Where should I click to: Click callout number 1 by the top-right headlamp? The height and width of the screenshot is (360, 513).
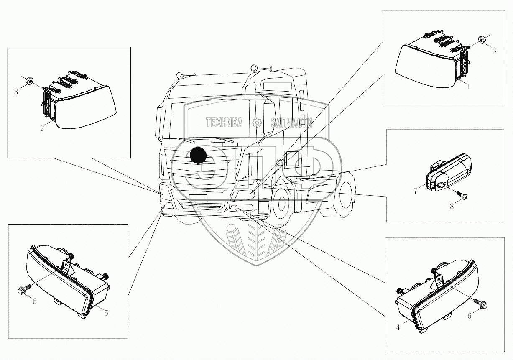pyautogui.click(x=469, y=87)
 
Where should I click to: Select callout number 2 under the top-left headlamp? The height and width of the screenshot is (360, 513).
pyautogui.click(x=42, y=128)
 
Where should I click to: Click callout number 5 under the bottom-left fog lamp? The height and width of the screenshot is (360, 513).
pyautogui.click(x=106, y=313)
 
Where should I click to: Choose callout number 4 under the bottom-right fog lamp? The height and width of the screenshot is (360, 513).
pyautogui.click(x=398, y=328)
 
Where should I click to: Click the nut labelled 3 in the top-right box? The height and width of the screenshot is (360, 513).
pyautogui.click(x=481, y=41)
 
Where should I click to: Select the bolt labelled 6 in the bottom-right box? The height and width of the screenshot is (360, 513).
pyautogui.click(x=479, y=302)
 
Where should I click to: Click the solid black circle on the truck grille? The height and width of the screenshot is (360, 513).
pyautogui.click(x=198, y=156)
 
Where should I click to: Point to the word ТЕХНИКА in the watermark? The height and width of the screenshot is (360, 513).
pyautogui.click(x=224, y=123)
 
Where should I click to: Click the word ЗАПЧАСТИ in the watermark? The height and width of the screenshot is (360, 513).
pyautogui.click(x=291, y=123)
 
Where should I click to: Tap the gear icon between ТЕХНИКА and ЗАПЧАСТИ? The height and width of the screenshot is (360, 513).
pyautogui.click(x=257, y=123)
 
